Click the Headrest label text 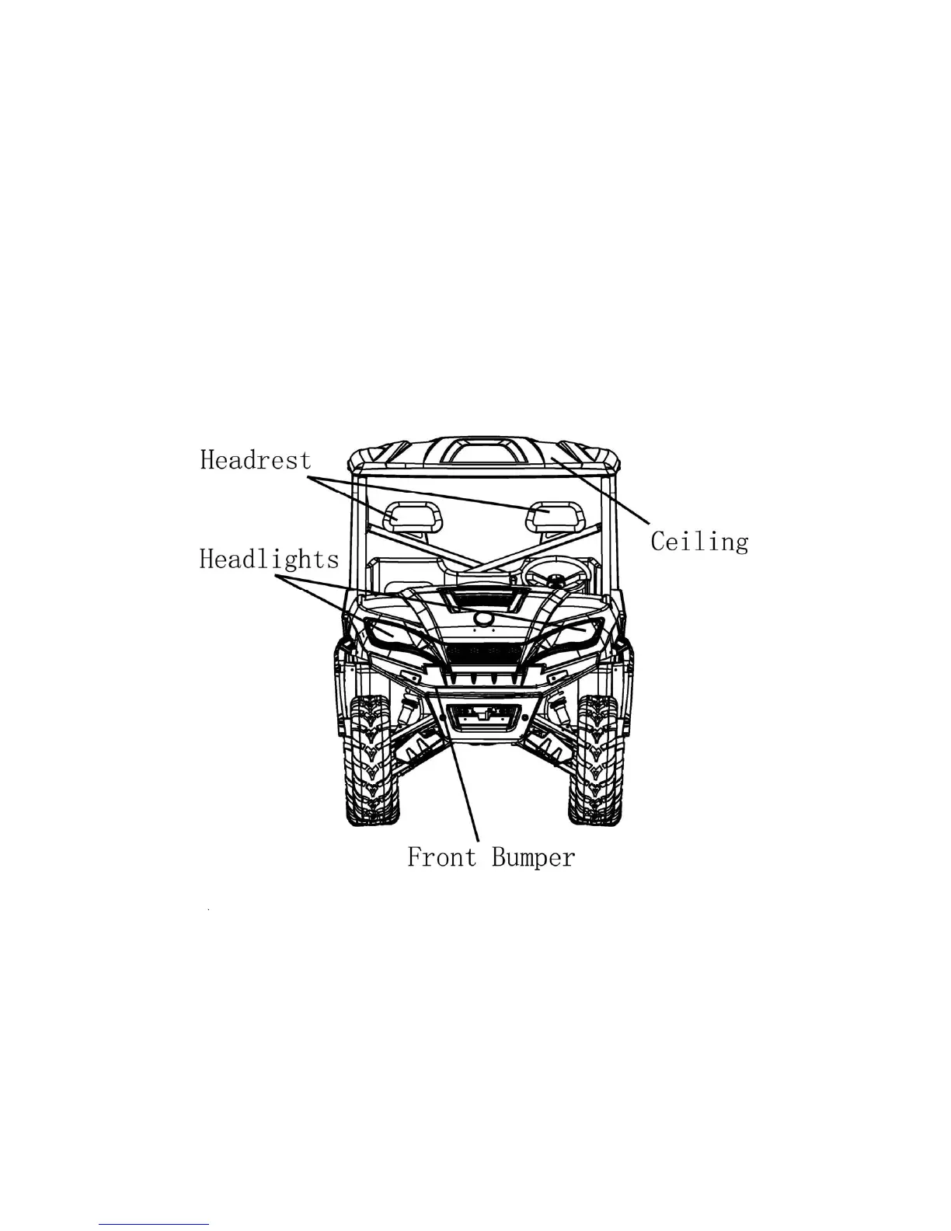coord(256,460)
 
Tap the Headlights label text coord(269,559)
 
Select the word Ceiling coord(699,542)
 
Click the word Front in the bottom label coord(441,858)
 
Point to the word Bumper coord(534,858)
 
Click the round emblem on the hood coord(484,619)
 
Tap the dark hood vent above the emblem coord(480,598)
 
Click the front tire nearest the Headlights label coord(372,762)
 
